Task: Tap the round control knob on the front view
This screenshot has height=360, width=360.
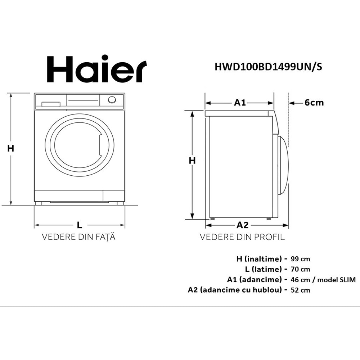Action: tap(112, 100)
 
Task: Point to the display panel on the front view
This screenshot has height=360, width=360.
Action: tap(83, 100)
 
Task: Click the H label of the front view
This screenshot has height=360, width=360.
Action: tap(11, 148)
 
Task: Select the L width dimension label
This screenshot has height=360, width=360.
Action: tap(80, 225)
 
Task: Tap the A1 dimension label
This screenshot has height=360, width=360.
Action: tap(240, 103)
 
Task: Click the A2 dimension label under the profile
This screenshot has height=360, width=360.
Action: tap(242, 225)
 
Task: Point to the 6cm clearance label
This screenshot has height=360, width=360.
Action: tap(314, 103)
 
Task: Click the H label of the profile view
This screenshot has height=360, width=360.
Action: tap(192, 161)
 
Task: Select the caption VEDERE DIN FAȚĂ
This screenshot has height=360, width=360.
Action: tap(79, 237)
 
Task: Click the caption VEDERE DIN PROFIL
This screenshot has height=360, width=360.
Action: tap(242, 237)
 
